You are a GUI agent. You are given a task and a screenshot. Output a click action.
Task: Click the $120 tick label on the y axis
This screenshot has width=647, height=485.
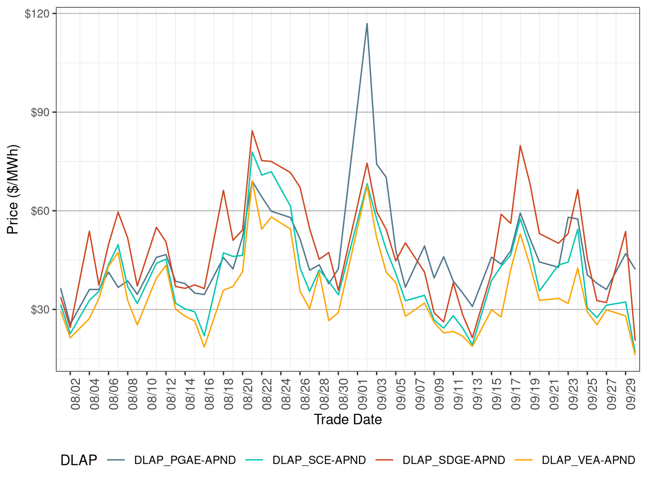point(37,13)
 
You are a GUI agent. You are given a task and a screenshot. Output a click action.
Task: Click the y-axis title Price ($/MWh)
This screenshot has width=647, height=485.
point(13,189)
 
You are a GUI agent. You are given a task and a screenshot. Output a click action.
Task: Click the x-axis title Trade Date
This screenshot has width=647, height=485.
point(348,420)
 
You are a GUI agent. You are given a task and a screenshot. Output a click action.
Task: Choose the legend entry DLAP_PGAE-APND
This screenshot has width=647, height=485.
point(185,460)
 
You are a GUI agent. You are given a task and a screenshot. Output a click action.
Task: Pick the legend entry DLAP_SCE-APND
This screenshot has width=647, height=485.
point(319,460)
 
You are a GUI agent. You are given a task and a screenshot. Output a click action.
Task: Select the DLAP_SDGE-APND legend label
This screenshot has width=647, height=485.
point(453,460)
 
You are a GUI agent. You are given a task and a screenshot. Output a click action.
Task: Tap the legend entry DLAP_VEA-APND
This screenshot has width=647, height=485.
point(588,460)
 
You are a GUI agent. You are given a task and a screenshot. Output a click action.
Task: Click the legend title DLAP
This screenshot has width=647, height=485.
point(78,460)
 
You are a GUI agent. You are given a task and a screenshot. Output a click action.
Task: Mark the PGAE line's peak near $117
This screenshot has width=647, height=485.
point(367,24)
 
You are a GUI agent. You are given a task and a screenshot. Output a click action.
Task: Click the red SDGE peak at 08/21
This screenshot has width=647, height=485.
point(252,131)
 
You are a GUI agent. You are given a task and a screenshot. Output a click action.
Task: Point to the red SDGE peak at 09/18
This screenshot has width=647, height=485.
point(520,146)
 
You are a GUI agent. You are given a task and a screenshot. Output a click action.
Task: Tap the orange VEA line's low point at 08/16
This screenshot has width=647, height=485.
point(204,347)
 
